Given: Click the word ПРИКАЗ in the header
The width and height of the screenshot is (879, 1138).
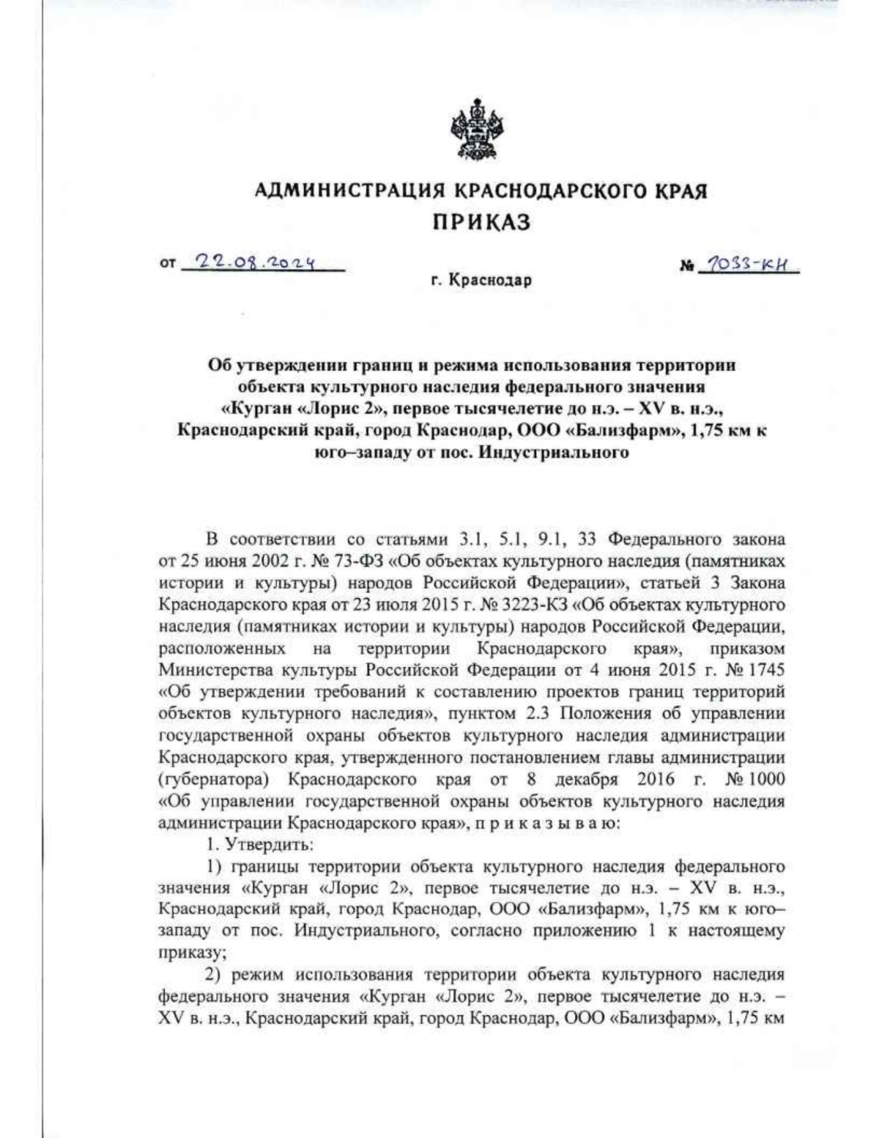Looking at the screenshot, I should [480, 222].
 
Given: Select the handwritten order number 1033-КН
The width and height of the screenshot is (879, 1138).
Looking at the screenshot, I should [749, 265].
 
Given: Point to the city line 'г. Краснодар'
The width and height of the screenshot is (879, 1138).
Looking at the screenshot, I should [481, 281].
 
